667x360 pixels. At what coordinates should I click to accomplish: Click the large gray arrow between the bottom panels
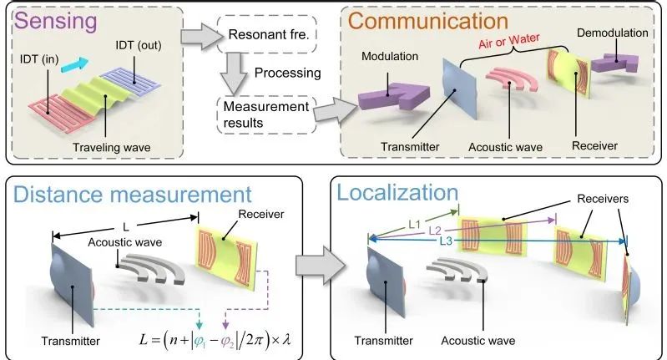303,267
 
